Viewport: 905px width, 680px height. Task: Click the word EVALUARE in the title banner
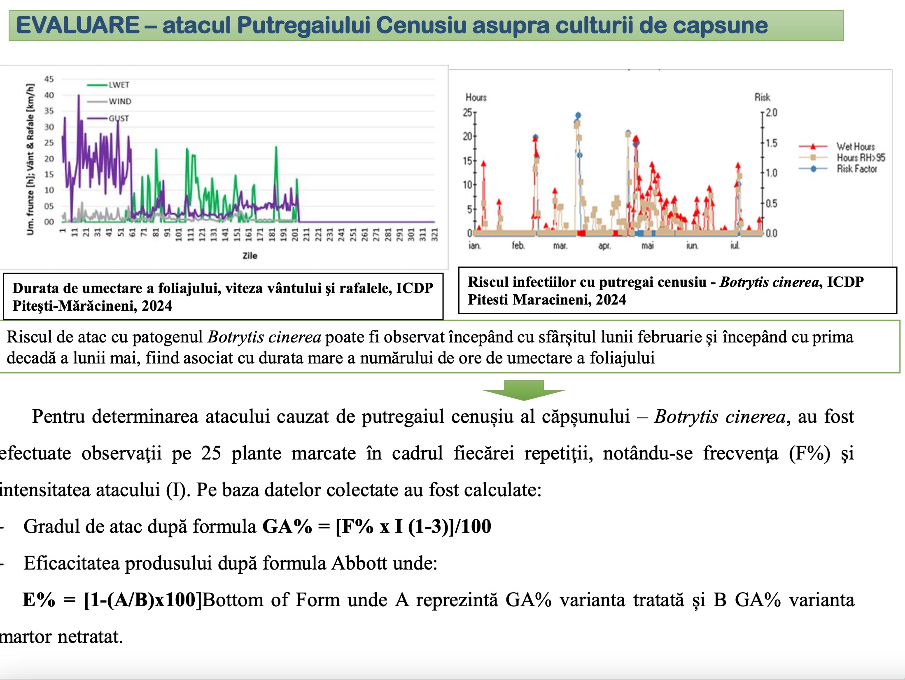click(x=78, y=25)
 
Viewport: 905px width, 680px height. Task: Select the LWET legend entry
click(x=119, y=85)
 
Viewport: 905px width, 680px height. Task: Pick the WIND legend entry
click(x=119, y=101)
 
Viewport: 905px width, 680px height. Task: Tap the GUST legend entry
click(x=119, y=118)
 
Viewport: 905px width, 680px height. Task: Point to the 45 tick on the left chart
click(x=49, y=79)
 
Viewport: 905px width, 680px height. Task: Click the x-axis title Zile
click(x=250, y=256)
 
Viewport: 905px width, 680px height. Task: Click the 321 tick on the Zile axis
click(x=434, y=234)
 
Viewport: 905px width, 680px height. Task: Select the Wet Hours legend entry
click(x=856, y=146)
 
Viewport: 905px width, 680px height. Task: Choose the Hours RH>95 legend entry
click(x=861, y=157)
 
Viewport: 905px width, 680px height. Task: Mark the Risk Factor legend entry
click(x=856, y=169)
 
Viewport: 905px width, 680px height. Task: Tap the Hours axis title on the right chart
click(x=476, y=97)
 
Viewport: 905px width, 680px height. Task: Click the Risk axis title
click(x=762, y=97)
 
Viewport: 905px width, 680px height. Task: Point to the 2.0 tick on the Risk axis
click(x=772, y=113)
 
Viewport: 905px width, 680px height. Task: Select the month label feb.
click(x=518, y=246)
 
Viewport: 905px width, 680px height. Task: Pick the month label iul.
click(x=735, y=246)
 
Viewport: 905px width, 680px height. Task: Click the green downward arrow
click(x=524, y=390)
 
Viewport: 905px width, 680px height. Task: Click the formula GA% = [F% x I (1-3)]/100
click(x=377, y=526)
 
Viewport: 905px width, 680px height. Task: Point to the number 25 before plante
click(x=211, y=453)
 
